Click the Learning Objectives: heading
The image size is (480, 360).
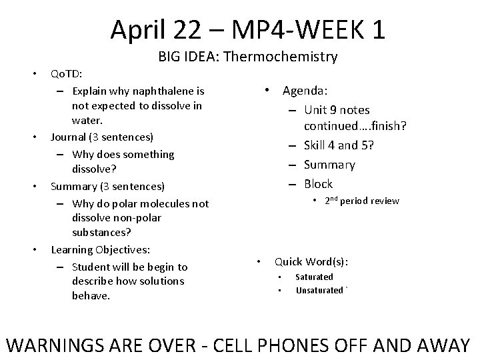(x=100, y=250)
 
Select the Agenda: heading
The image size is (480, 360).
(x=309, y=90)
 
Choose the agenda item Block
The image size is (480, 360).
(x=318, y=183)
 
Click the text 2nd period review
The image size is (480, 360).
(x=362, y=201)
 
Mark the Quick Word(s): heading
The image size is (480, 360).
(x=311, y=261)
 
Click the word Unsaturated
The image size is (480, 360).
(x=320, y=290)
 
